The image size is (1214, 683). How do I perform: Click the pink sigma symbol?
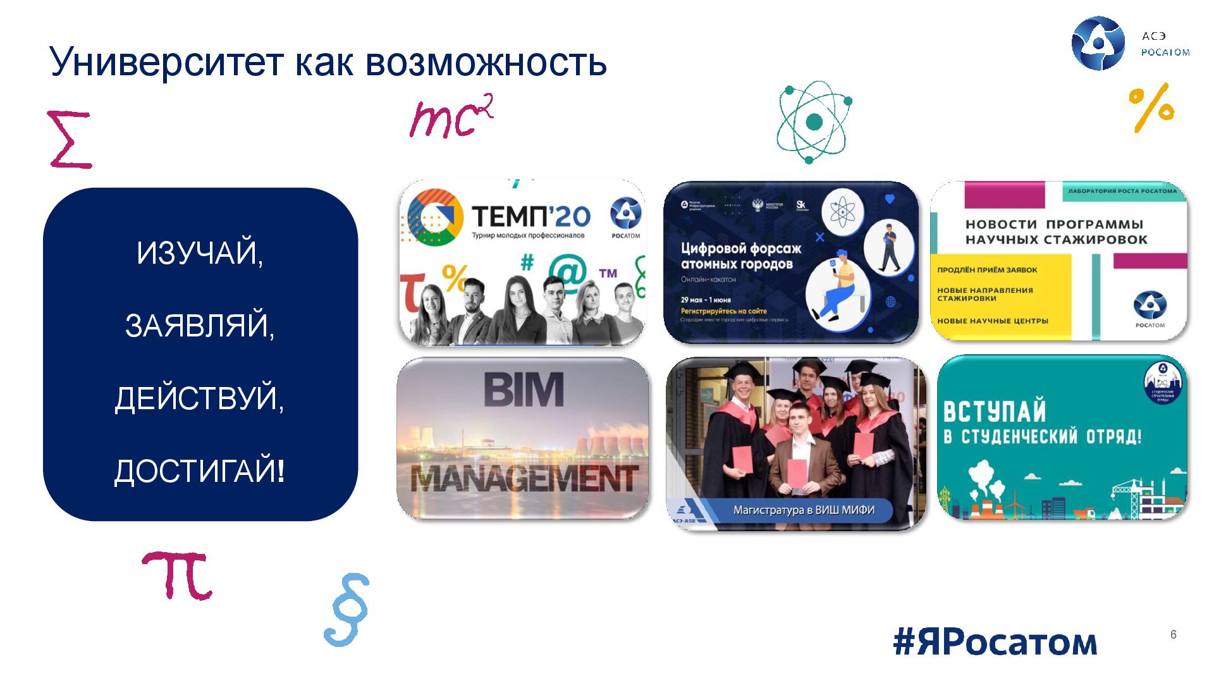(69, 140)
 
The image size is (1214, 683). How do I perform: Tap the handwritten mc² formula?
(450, 118)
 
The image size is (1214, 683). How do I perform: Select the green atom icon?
(814, 121)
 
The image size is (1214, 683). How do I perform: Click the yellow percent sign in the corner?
(1151, 108)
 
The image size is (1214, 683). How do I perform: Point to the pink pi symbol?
(176, 574)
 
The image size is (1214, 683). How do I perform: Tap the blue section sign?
(346, 610)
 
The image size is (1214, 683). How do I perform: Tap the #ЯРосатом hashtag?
(995, 641)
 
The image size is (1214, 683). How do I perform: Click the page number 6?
(1174, 635)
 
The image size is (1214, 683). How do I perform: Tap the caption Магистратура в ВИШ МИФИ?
(804, 509)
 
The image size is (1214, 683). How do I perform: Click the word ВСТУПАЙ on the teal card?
(994, 412)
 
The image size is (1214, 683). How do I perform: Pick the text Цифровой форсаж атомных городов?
(740, 255)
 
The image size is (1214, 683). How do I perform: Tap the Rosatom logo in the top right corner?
(1098, 43)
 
